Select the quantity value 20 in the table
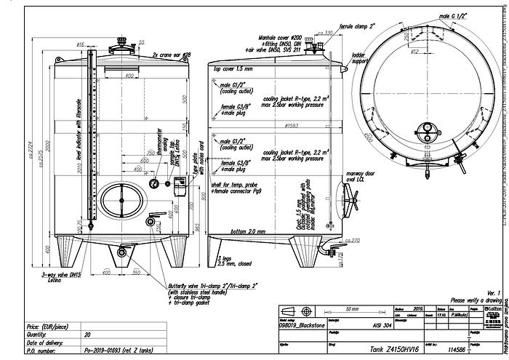click(x=87, y=336)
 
